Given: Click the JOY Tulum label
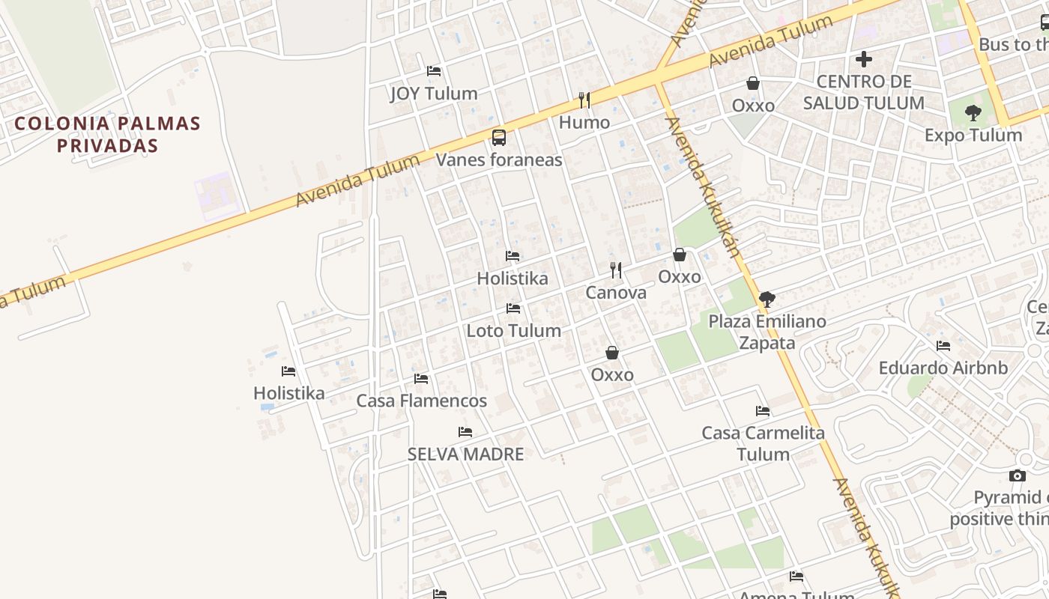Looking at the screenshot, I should tap(434, 94).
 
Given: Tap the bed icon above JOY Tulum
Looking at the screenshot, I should tap(434, 71).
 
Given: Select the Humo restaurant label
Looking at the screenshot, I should tap(584, 122).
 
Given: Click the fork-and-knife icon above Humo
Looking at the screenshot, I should tap(584, 100).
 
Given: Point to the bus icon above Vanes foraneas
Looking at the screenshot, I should tap(499, 138).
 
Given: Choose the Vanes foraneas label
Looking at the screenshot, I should tap(499, 159).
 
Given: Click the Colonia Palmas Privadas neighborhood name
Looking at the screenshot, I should tap(108, 134).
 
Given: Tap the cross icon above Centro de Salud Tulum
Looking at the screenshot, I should tap(864, 59).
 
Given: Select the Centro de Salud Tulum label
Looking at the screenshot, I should tap(864, 92).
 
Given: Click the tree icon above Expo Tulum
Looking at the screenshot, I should tap(973, 114).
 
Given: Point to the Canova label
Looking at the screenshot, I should tap(616, 292).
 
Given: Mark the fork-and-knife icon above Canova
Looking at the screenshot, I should tap(616, 270).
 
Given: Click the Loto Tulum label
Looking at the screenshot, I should tap(514, 330).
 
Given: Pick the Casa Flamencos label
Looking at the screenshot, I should tap(421, 401).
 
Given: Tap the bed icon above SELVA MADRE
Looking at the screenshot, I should tap(465, 432).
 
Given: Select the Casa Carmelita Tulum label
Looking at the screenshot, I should tap(763, 443).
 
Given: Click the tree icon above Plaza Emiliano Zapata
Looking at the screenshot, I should tap(767, 299).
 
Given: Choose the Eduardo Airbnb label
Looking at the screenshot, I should tap(943, 368).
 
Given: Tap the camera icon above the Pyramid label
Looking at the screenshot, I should tap(1017, 475).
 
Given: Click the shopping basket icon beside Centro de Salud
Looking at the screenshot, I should tap(753, 83).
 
